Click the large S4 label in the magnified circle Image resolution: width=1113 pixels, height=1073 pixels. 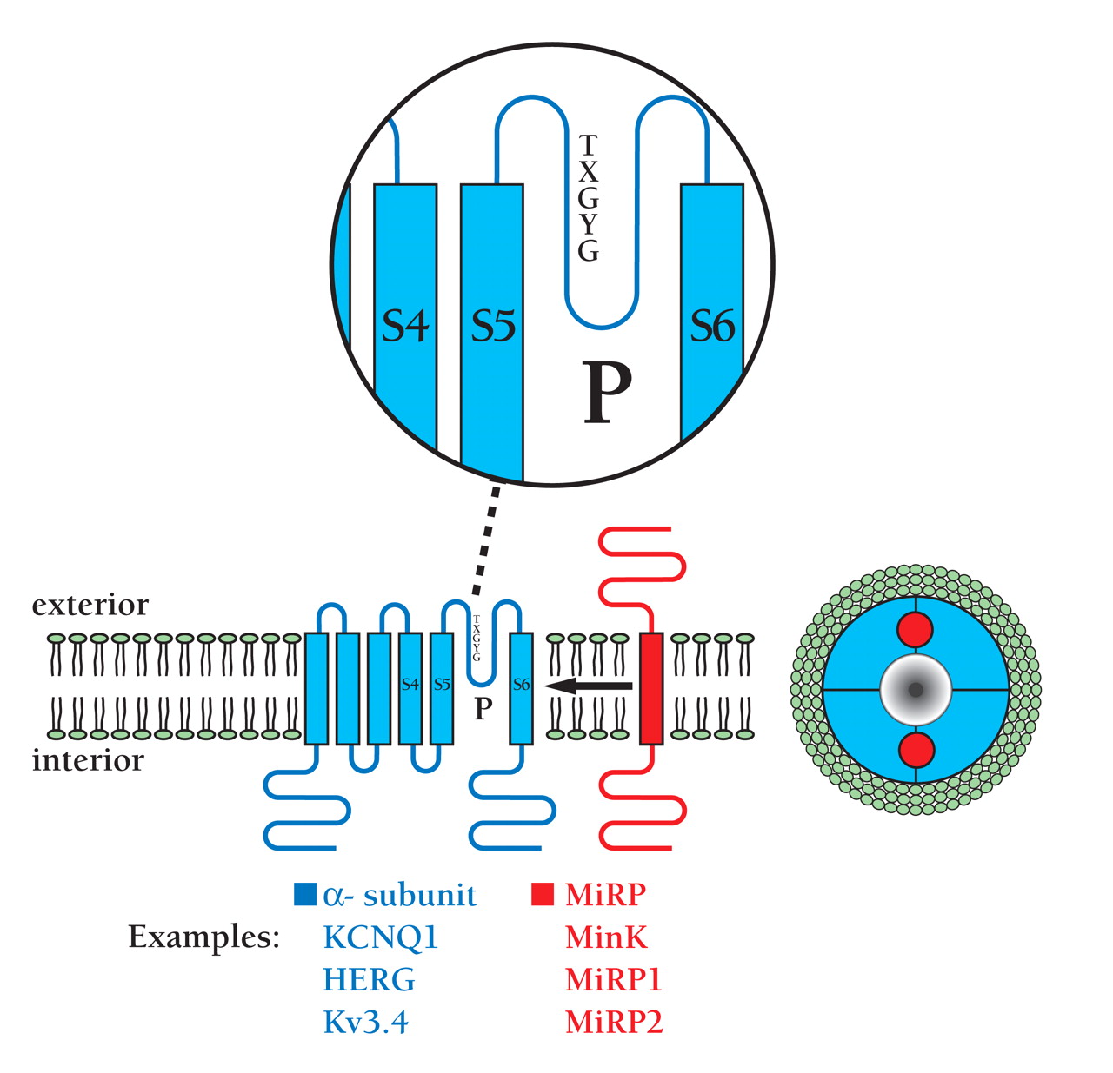tap(405, 327)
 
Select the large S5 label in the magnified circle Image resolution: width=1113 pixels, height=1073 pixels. tap(493, 327)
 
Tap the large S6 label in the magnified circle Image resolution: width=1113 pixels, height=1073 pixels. tap(712, 327)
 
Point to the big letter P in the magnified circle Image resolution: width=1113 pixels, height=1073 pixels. tap(606, 392)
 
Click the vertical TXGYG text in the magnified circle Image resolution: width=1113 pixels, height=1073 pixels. tap(589, 198)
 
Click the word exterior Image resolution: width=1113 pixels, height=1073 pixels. tap(90, 605)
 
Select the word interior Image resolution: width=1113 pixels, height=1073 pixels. tap(88, 760)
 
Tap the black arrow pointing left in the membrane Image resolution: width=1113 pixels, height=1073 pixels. tap(589, 686)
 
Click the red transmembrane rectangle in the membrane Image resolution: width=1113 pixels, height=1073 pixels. tap(651, 688)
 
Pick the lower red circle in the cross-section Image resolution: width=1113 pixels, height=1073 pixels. tap(916, 750)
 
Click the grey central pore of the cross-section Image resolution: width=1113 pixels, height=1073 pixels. tap(916, 690)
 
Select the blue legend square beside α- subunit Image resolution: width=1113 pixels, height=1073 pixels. tap(305, 895)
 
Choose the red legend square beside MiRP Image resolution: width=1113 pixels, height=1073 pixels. tap(543, 895)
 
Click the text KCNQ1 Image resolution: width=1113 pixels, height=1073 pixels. tap(381, 937)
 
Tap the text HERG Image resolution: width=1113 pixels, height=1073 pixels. tap(369, 980)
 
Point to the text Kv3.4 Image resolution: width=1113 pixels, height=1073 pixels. tap(365, 1023)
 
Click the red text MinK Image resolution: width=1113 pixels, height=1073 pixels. tap(606, 937)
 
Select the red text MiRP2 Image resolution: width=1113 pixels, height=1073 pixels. tap(614, 1023)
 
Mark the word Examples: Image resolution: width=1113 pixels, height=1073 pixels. tap(204, 937)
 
